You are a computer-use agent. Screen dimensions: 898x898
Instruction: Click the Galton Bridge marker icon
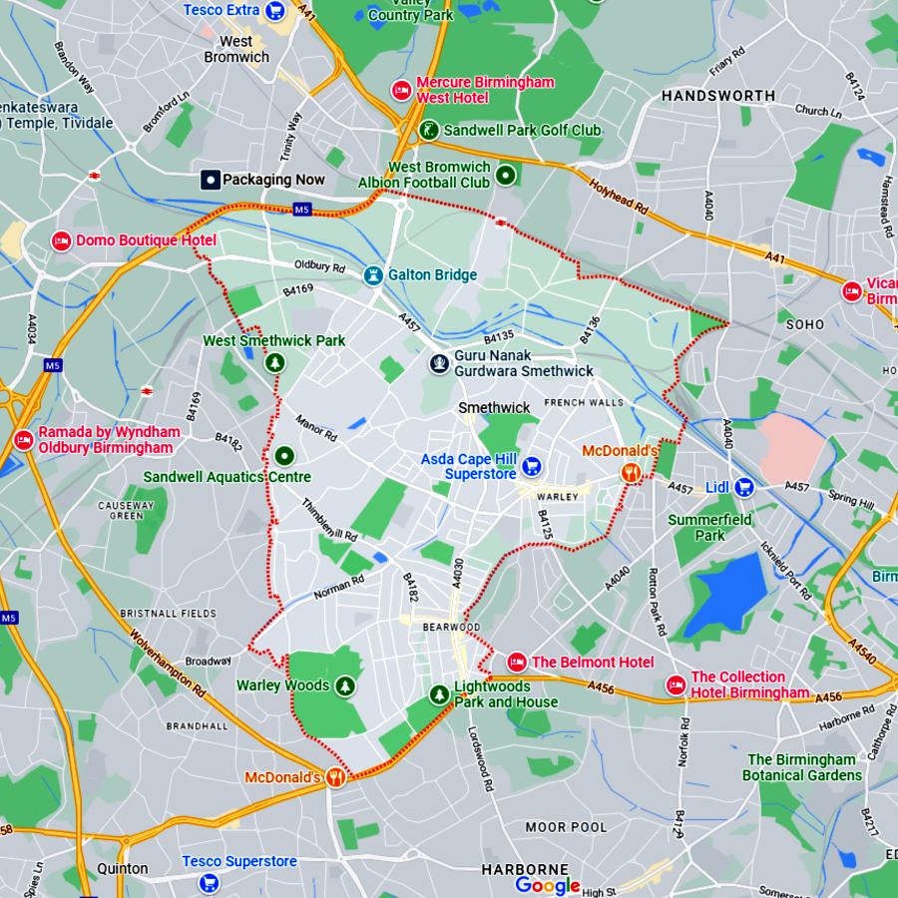point(373,274)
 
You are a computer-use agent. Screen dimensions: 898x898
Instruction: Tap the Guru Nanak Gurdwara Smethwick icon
point(438,363)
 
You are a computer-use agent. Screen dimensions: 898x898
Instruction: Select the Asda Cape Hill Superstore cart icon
point(532,465)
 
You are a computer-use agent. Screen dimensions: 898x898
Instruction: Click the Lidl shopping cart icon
point(744,487)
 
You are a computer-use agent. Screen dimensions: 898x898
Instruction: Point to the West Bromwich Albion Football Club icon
point(506,176)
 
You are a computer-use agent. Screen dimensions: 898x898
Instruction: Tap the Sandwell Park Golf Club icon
point(428,130)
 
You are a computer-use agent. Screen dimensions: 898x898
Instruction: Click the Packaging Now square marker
point(211,180)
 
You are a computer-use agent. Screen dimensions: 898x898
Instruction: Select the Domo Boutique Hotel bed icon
point(61,240)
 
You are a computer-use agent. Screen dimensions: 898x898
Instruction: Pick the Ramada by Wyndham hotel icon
point(23,439)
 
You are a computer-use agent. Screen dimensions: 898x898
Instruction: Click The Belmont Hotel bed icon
point(517,662)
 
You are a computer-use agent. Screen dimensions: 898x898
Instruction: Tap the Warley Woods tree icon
point(344,685)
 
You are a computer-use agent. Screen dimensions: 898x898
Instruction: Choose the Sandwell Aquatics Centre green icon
point(284,456)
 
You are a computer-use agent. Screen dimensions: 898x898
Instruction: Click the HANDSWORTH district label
point(718,96)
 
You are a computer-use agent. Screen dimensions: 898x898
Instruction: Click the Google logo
point(548,885)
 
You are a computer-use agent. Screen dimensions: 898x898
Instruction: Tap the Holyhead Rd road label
point(619,200)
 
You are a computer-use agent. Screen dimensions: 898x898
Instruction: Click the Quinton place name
point(123,868)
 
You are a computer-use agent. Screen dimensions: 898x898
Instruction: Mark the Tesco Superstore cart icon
point(209,883)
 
